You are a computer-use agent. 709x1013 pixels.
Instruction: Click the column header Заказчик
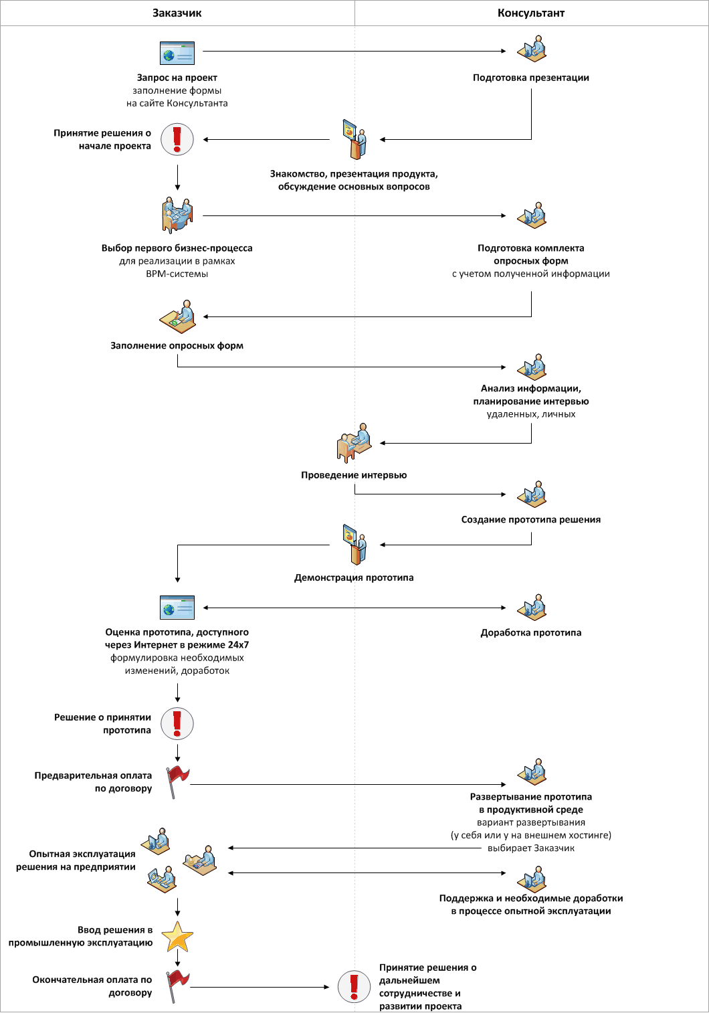pyautogui.click(x=177, y=13)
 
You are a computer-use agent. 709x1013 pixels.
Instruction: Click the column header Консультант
pyautogui.click(x=531, y=13)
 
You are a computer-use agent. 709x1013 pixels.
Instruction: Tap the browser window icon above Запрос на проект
pyautogui.click(x=177, y=53)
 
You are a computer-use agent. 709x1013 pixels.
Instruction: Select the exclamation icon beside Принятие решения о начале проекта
pyautogui.click(x=177, y=139)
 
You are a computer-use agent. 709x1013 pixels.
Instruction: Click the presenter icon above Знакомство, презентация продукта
pyautogui.click(x=354, y=139)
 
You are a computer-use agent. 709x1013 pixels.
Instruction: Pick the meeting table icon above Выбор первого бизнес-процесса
pyautogui.click(x=177, y=215)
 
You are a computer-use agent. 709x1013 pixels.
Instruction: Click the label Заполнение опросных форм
pyautogui.click(x=177, y=345)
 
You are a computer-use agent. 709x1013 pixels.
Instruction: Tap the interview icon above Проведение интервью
pyautogui.click(x=354, y=443)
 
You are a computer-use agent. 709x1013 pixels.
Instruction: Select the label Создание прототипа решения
pyautogui.click(x=531, y=519)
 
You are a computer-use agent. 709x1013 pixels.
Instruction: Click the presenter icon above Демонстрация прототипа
pyautogui.click(x=354, y=545)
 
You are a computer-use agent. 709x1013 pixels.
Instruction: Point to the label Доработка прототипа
pyautogui.click(x=531, y=632)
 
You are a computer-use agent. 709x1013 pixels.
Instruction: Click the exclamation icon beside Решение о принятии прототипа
pyautogui.click(x=177, y=723)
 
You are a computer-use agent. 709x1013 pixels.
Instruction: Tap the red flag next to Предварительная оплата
pyautogui.click(x=178, y=782)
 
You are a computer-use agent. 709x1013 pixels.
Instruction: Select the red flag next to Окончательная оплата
pyautogui.click(x=178, y=986)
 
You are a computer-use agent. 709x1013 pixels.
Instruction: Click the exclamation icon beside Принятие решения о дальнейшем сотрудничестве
pyautogui.click(x=354, y=987)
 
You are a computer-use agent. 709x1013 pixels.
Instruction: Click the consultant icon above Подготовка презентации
pyautogui.click(x=532, y=48)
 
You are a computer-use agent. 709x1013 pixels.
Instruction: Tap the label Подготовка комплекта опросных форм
pyautogui.click(x=531, y=254)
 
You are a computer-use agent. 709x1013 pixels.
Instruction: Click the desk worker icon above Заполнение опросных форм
pyautogui.click(x=177, y=316)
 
